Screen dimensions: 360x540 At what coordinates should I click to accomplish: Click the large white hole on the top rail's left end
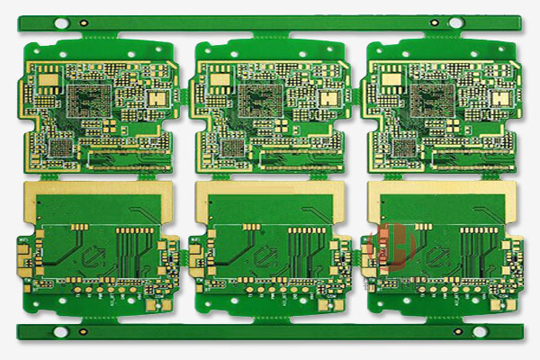(x=62, y=22)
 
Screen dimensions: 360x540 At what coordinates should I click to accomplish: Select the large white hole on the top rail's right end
(x=455, y=22)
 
